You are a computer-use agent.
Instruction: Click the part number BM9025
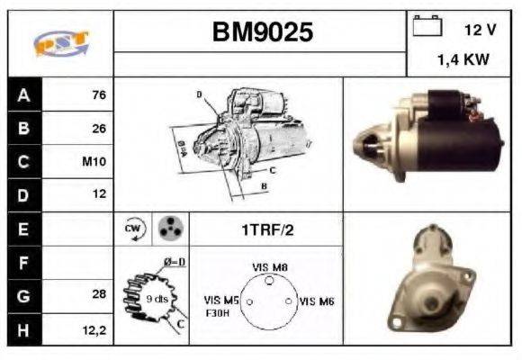[x=262, y=33]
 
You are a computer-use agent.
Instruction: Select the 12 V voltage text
[x=480, y=30]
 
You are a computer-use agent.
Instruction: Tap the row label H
[x=23, y=329]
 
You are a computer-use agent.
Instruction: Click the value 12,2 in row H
[x=95, y=330]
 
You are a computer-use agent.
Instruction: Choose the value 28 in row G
[x=99, y=293]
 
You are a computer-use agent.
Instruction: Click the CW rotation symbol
[x=131, y=229]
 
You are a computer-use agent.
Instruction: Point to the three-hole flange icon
[x=168, y=229]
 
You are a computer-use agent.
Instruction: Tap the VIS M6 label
[x=316, y=301]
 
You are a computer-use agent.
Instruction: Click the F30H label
[x=219, y=314]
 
